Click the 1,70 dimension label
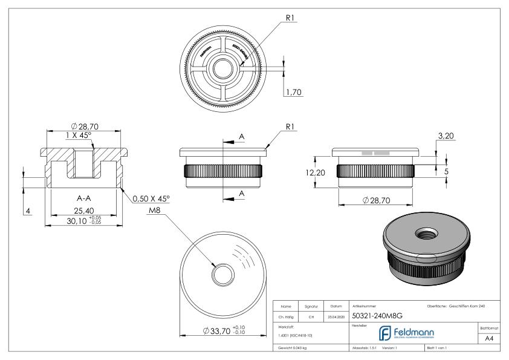[x=293, y=92]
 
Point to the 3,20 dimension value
[x=446, y=136]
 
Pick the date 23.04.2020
[x=336, y=315]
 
